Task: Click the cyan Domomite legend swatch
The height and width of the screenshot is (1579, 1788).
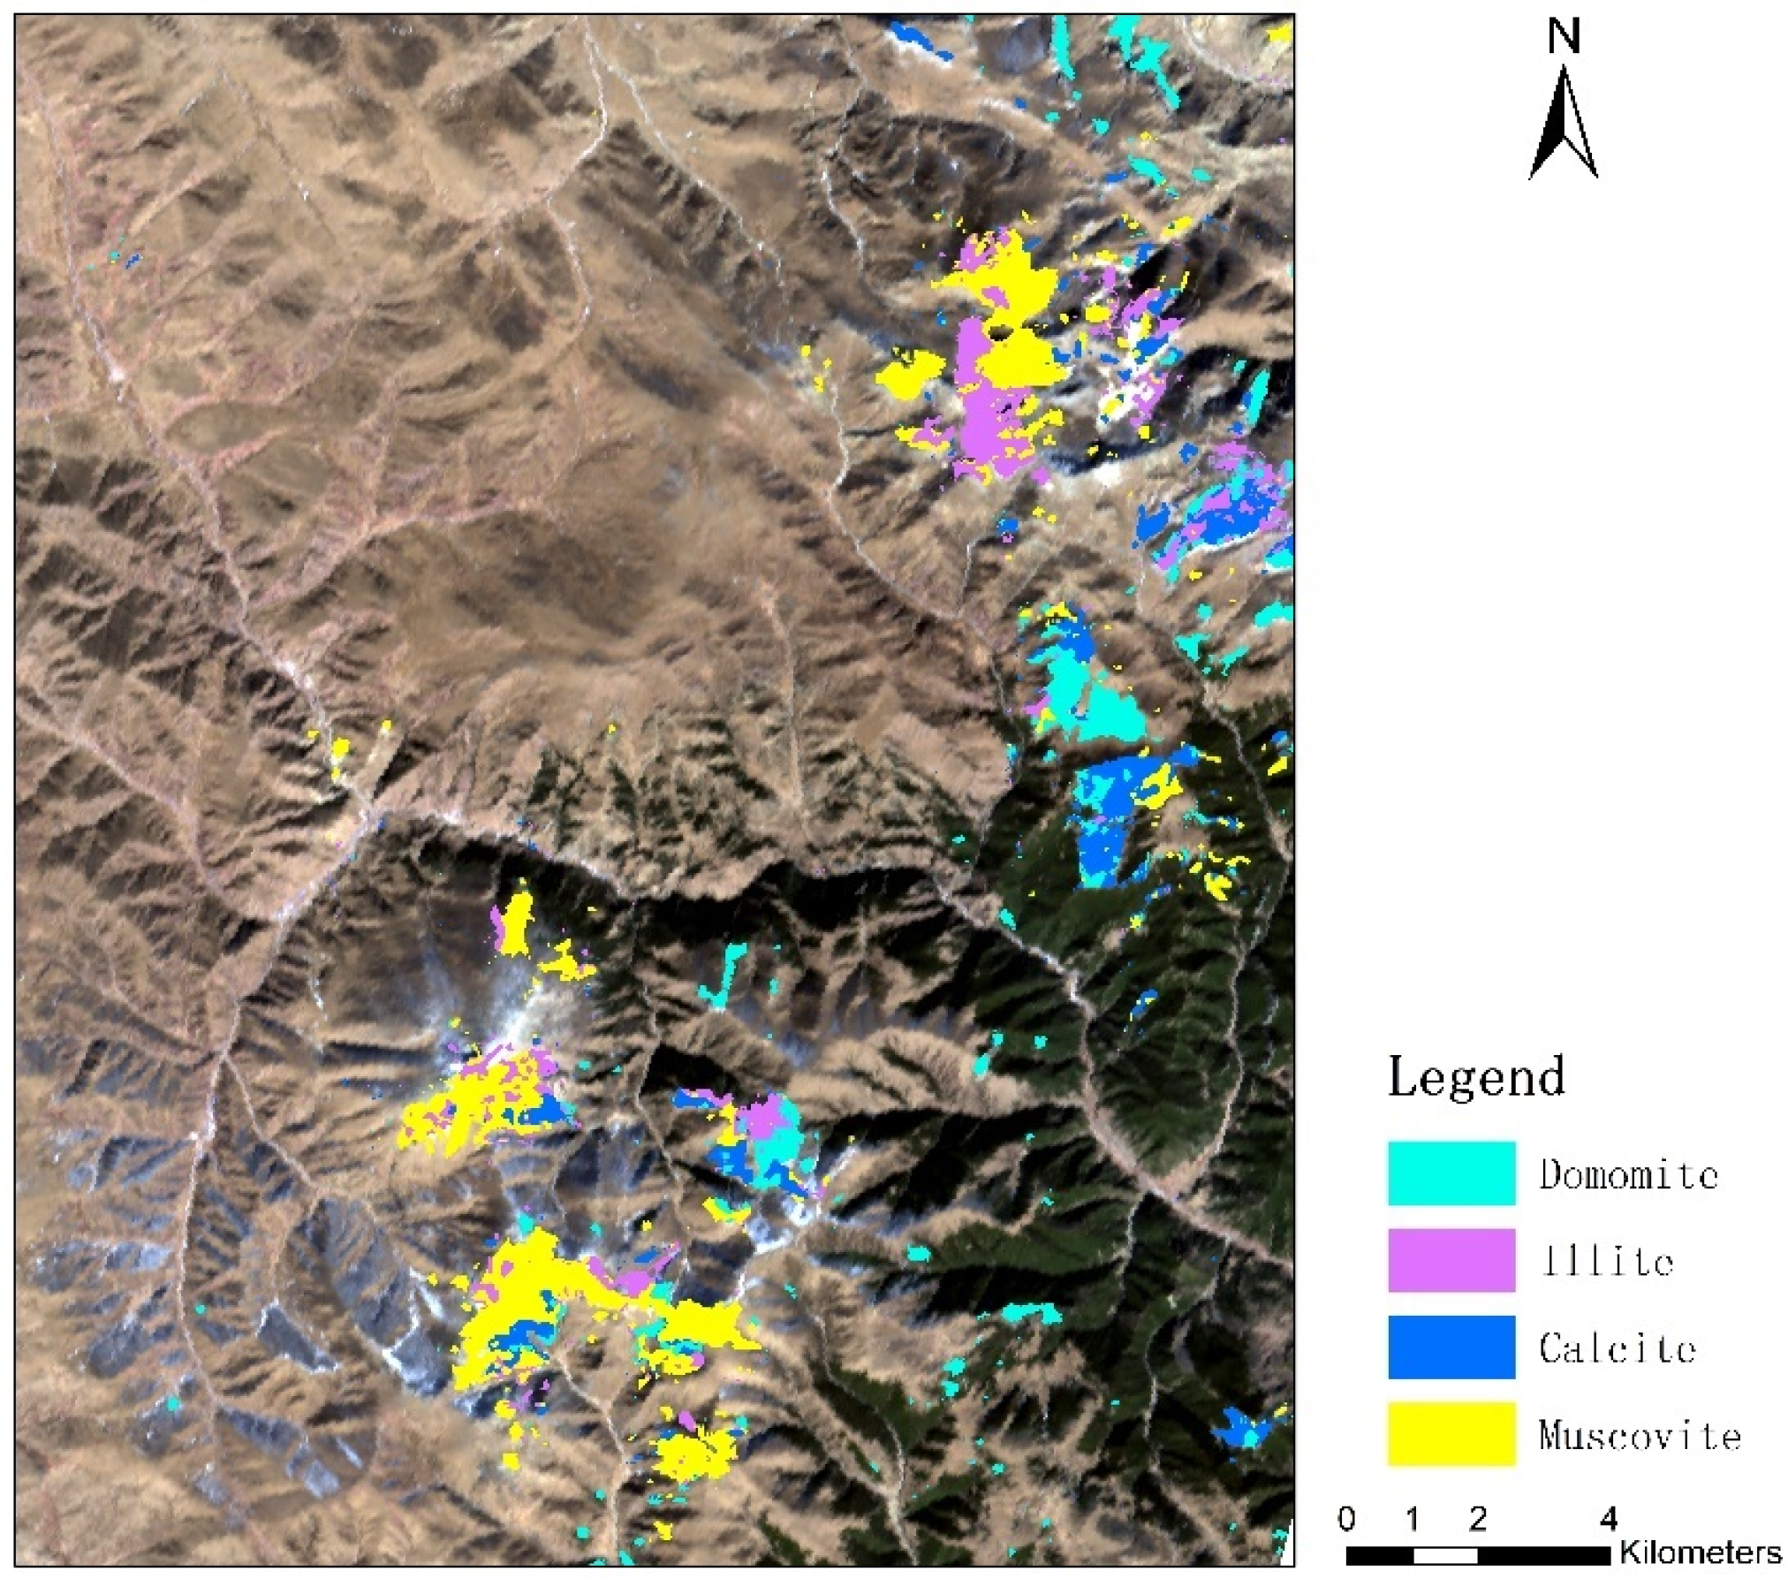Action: tap(1451, 1173)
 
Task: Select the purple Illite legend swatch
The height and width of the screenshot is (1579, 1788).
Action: tap(1451, 1259)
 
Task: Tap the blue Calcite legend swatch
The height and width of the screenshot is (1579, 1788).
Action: tap(1451, 1346)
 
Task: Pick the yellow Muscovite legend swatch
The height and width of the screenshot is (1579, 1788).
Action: tap(1451, 1432)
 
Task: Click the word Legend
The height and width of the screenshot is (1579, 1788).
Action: tap(1476, 1077)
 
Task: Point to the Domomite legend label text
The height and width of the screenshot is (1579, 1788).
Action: tap(1628, 1174)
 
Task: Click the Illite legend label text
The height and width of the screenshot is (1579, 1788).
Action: tap(1607, 1261)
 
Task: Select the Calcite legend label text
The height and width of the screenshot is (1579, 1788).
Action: tap(1617, 1347)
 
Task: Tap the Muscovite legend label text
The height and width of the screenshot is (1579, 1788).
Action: tap(1639, 1434)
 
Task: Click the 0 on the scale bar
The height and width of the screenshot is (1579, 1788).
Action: tap(1346, 1518)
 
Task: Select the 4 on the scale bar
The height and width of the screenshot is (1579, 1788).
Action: tap(1609, 1518)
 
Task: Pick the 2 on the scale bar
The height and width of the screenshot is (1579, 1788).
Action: tap(1477, 1518)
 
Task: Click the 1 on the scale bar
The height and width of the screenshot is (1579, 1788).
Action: tap(1412, 1518)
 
